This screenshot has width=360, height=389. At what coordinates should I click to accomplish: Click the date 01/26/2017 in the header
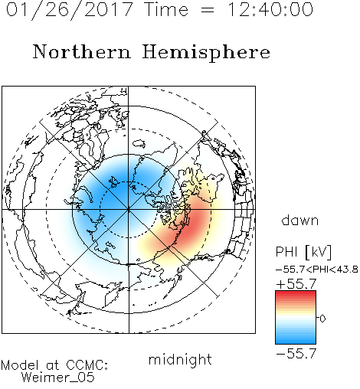[x=70, y=10]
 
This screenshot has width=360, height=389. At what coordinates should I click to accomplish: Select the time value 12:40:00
[x=270, y=10]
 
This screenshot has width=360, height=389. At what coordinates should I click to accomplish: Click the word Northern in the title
[x=82, y=51]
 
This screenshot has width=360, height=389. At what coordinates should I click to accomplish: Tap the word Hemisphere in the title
[x=206, y=53]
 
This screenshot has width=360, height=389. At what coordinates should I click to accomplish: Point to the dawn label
[x=300, y=221]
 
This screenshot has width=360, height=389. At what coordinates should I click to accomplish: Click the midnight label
[x=180, y=359]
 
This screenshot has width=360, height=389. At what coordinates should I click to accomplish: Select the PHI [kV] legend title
[x=303, y=252]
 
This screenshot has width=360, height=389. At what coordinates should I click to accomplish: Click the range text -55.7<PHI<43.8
[x=317, y=270]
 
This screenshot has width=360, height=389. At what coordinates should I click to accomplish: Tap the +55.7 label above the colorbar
[x=296, y=284]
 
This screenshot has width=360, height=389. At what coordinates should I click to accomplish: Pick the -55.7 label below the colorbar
[x=296, y=354]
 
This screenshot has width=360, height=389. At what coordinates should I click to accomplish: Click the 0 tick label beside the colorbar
[x=322, y=319]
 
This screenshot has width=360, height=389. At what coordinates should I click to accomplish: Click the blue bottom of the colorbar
[x=296, y=341]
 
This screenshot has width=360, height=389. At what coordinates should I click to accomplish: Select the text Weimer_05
[x=58, y=378]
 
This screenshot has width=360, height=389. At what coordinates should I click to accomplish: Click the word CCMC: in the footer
[x=87, y=365]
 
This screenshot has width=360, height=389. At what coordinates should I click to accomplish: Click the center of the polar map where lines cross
[x=129, y=210]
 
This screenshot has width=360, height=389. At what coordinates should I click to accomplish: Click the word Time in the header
[x=166, y=10]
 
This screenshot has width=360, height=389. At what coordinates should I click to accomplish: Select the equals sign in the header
[x=207, y=11]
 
